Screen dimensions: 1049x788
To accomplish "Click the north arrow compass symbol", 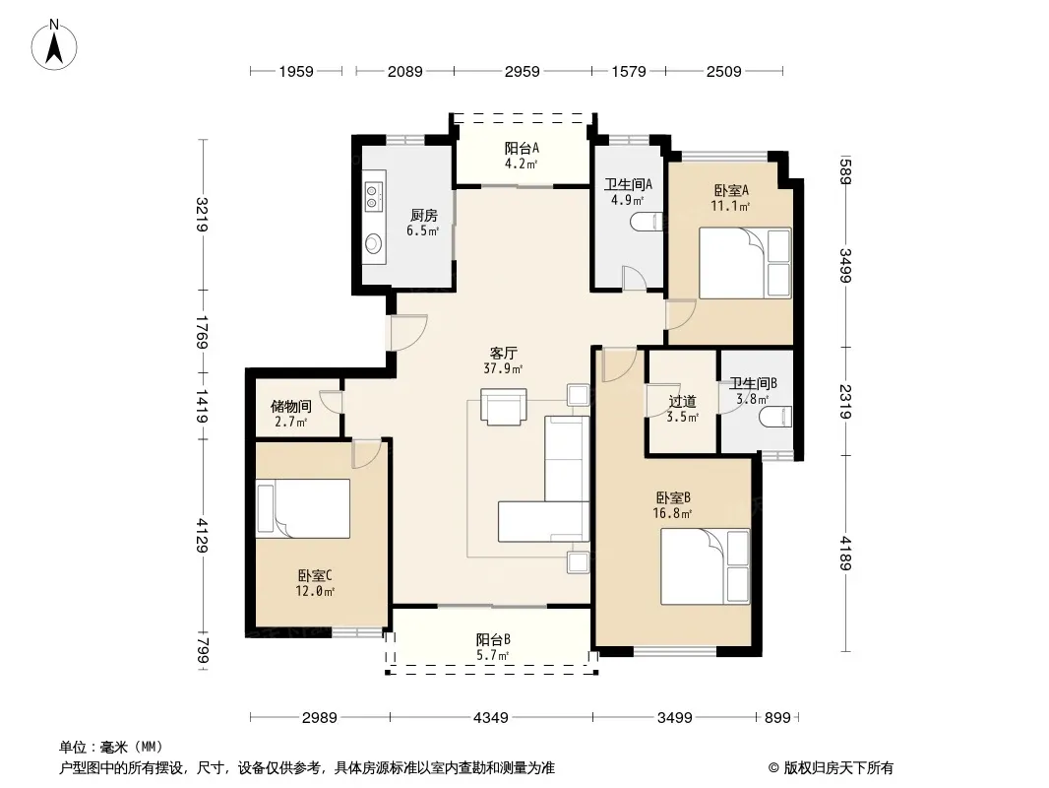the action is coord(54,45).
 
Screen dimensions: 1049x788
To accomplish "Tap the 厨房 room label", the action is coord(423,216).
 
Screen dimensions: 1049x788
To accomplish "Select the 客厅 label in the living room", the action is coord(503,353).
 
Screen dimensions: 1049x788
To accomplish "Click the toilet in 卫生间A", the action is coord(648,222).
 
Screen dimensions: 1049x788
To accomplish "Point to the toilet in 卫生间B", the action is coord(775,417).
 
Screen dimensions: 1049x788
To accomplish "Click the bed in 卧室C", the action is coord(303,509).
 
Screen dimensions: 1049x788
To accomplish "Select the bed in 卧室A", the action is coord(745,263).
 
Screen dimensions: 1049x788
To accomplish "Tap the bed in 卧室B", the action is coord(706,566).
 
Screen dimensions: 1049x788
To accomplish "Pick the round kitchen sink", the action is coord(373,243).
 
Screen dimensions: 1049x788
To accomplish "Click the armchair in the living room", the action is coord(503,407).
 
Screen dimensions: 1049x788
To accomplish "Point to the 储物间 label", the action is coord(291,407).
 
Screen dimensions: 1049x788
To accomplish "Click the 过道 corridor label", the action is coord(682,402).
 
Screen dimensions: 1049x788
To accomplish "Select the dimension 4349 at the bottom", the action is coord(491,718).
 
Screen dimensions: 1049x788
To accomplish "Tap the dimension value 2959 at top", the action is coord(522,71).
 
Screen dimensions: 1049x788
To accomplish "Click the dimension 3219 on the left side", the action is coord(202,215).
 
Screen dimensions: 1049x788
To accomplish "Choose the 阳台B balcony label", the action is coord(493,640).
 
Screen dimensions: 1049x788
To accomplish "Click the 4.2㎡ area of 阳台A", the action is coord(522,164).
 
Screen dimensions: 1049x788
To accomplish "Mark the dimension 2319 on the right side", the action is coord(845,401).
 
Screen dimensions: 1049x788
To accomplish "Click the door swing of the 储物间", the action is coord(332,401).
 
